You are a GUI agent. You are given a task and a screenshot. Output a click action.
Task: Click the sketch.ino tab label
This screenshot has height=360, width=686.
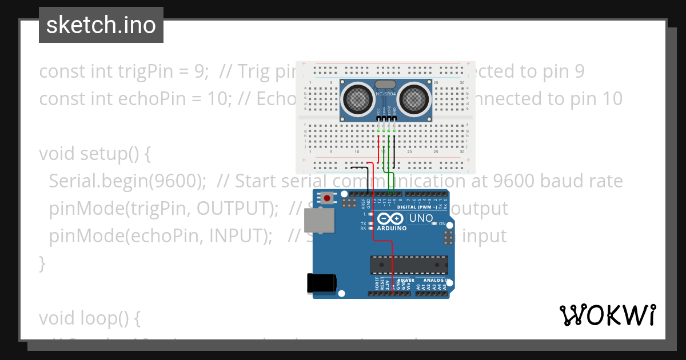click(x=101, y=26)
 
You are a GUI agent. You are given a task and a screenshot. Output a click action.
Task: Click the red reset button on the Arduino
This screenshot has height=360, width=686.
click(x=327, y=198)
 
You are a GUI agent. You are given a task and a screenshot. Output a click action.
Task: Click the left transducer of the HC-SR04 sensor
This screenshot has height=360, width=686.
click(x=358, y=98)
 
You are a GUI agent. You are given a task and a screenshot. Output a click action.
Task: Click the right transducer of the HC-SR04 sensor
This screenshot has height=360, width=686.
click(x=413, y=98)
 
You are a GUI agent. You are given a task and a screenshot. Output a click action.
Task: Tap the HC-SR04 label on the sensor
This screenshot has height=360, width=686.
click(x=385, y=94)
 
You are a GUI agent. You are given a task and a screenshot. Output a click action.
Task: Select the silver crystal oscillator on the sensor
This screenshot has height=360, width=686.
click(x=385, y=85)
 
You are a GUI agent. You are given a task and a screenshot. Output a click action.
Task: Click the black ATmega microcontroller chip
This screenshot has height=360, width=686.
click(x=409, y=265)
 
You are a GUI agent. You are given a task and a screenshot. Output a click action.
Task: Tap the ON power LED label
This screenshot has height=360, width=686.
click(x=442, y=223)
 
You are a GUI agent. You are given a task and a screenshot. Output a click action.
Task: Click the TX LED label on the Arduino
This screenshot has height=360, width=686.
click(x=363, y=223)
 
